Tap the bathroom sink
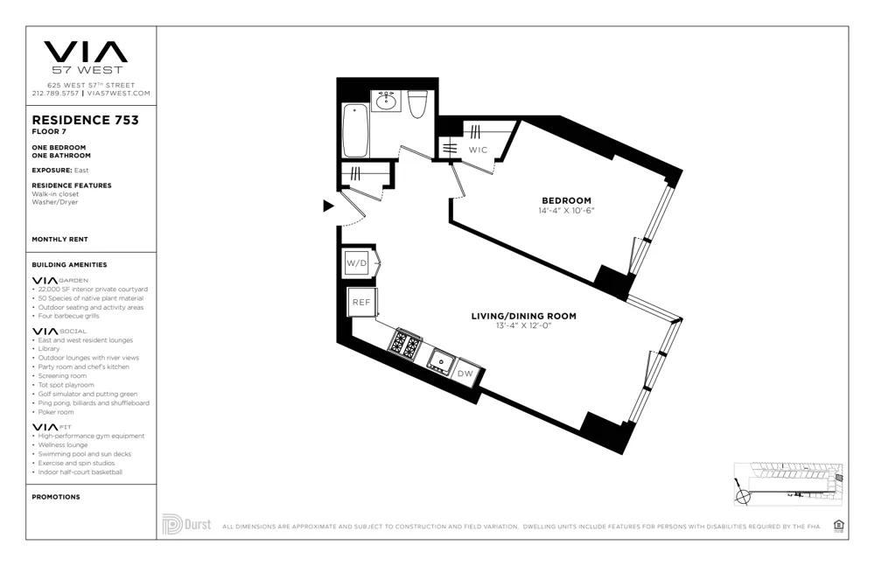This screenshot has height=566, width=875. click(x=385, y=101)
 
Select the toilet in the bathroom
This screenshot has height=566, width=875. click(x=417, y=103)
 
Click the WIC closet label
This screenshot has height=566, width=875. click(x=478, y=150)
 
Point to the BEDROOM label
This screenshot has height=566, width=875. click(x=566, y=200)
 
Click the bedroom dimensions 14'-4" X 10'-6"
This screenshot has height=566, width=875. click(x=566, y=211)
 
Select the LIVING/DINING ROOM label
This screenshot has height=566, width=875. click(x=523, y=316)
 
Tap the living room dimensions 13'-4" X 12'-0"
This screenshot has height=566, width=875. click(x=523, y=326)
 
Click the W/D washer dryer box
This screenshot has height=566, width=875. click(x=356, y=262)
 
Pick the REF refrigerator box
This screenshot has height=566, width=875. click(x=360, y=302)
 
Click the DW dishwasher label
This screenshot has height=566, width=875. click(x=465, y=374)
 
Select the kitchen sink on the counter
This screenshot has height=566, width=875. click(x=439, y=359)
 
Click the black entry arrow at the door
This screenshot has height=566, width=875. click(x=328, y=206)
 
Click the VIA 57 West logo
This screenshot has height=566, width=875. click(x=85, y=56)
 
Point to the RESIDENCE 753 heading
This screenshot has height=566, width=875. click(x=85, y=120)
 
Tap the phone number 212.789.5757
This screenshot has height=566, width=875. click(x=56, y=93)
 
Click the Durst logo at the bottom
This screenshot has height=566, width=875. click(x=186, y=525)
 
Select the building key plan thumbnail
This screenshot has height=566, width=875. click(x=788, y=484)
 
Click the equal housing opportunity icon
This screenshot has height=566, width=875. click(x=838, y=525)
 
